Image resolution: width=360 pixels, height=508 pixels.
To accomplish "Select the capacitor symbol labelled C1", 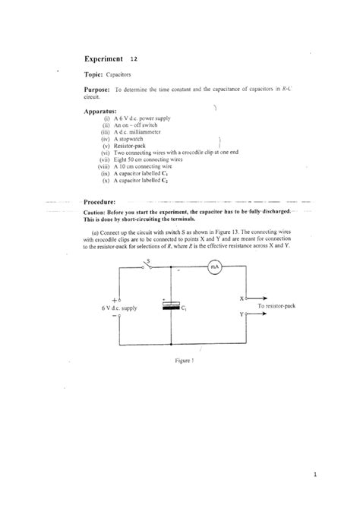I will pos(174,305).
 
